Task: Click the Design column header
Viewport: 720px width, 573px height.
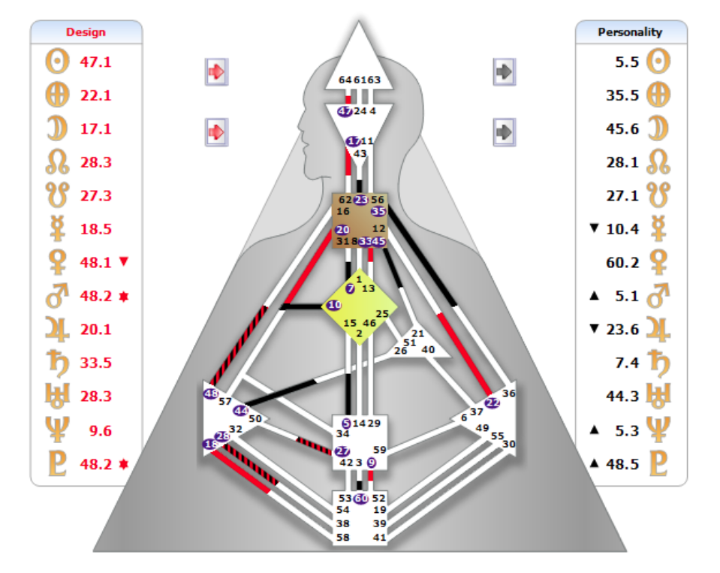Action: click(x=86, y=32)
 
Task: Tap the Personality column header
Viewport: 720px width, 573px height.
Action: click(x=630, y=32)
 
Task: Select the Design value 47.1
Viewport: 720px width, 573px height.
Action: click(x=96, y=62)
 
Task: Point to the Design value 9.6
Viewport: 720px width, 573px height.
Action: click(x=96, y=430)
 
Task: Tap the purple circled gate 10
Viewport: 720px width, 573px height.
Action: click(x=334, y=306)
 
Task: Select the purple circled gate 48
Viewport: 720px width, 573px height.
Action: click(x=211, y=394)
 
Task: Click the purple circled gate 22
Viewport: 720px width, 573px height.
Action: click(x=493, y=403)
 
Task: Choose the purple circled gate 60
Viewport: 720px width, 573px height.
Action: click(x=361, y=498)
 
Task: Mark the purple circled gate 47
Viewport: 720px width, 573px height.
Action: click(x=345, y=111)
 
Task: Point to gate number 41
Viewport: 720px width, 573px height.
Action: click(x=379, y=538)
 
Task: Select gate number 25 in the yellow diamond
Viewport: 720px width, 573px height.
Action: click(x=382, y=314)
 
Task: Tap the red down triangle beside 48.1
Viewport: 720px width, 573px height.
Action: click(x=125, y=261)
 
